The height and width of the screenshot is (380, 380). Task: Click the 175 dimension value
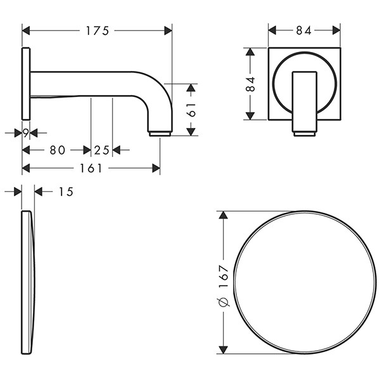click(x=97, y=31)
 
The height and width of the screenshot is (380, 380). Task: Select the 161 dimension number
click(x=91, y=168)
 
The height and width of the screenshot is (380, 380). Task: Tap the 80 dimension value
click(x=58, y=150)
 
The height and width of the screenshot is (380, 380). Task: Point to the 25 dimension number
click(x=101, y=150)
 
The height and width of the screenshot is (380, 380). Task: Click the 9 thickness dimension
click(x=26, y=133)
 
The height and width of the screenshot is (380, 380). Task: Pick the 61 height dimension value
click(x=192, y=110)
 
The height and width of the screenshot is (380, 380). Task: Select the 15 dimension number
click(x=66, y=192)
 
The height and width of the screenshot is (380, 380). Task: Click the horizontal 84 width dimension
click(x=303, y=31)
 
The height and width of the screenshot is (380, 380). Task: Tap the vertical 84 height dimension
click(x=250, y=84)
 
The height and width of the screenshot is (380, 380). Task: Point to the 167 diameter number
click(x=224, y=276)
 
